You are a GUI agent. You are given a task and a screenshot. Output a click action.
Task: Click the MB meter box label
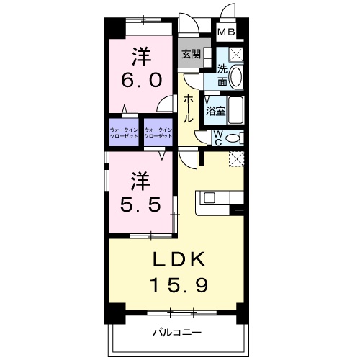[x=227, y=32]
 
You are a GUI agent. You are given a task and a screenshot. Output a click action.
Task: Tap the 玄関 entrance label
[x=191, y=54]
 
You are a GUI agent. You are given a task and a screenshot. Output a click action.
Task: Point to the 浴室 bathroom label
[x=216, y=112]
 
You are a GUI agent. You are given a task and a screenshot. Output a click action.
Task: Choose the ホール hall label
[x=189, y=108]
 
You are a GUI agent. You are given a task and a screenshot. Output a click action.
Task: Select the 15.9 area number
[x=179, y=285]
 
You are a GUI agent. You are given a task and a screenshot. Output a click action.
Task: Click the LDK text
[x=179, y=258]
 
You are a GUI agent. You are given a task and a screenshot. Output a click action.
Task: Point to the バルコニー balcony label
[x=176, y=332]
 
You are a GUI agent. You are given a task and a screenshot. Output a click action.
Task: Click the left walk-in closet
[x=124, y=132]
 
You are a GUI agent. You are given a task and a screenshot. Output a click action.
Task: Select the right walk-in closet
[x=159, y=132]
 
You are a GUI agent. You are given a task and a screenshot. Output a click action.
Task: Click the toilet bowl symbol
[x=234, y=137]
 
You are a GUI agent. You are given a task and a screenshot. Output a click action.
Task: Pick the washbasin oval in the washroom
[x=238, y=76]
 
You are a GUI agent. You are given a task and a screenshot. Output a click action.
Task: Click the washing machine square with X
[x=235, y=55]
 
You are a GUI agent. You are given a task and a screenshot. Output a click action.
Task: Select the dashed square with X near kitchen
[x=236, y=158]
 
